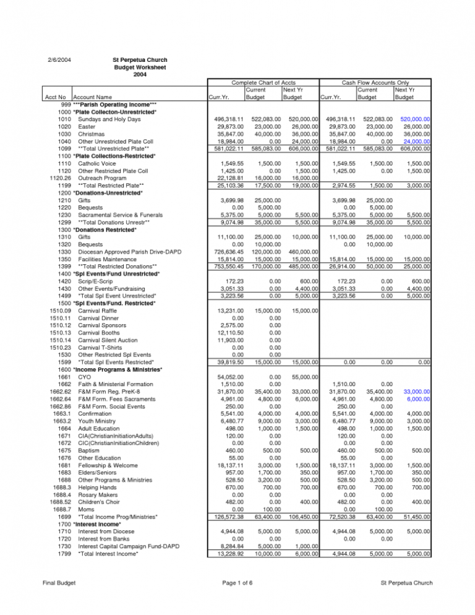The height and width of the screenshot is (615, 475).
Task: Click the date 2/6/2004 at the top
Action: coord(59,60)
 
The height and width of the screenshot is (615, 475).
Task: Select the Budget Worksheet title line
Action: coord(140,67)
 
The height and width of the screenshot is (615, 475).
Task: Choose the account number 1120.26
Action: coord(56,179)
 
